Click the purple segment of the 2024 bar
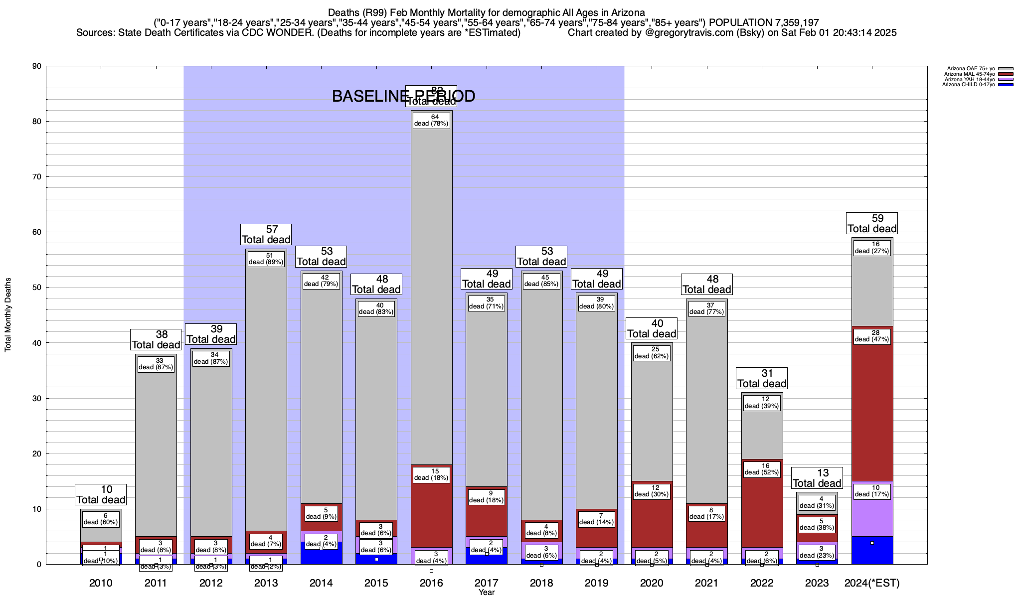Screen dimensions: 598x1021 [872, 518]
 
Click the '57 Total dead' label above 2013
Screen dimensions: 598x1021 [266, 234]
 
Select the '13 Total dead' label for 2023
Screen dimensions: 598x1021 [817, 478]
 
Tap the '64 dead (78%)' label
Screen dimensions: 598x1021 [431, 120]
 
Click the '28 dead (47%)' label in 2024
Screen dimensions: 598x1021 [872, 336]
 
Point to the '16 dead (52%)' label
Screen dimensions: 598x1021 [762, 469]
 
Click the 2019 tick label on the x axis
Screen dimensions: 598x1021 [597, 583]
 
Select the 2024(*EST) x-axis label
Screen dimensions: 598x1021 [872, 583]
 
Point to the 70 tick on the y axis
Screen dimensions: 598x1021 [36, 177]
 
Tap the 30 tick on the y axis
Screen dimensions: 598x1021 [36, 398]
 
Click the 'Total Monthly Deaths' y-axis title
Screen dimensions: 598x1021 [8, 315]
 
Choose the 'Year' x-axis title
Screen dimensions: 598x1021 [487, 593]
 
